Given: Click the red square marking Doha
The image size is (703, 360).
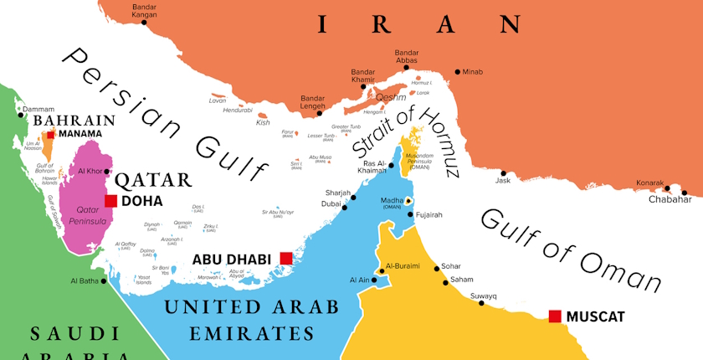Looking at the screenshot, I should coord(110,201).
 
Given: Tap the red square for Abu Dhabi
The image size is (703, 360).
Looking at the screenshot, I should coord(286,258).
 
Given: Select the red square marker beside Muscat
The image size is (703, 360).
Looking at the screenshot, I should coord(554,316).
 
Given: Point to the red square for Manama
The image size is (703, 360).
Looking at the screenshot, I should coord(51,134).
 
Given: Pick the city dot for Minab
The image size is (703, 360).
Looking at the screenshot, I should coord(457,72).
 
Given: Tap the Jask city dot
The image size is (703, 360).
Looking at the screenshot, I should coord(504,172).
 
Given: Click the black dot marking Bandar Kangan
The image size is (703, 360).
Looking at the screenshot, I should coord(144,23).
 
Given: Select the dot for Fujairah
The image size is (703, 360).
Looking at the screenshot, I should coord(409,215).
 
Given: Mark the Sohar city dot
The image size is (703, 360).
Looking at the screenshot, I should coord(436,268).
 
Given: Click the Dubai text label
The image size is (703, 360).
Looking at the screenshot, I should coord(331,203).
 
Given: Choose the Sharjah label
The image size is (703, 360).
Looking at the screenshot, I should coord(337,193).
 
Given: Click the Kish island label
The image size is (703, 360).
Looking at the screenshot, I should coord(263,122).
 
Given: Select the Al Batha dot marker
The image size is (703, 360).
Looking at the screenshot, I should coord(105,281).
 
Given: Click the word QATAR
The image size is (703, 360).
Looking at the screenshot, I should coord(153,179).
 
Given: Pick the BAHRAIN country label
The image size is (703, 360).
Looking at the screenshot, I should coord(74,121).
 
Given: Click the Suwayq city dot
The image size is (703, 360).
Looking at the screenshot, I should coord(481,302).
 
